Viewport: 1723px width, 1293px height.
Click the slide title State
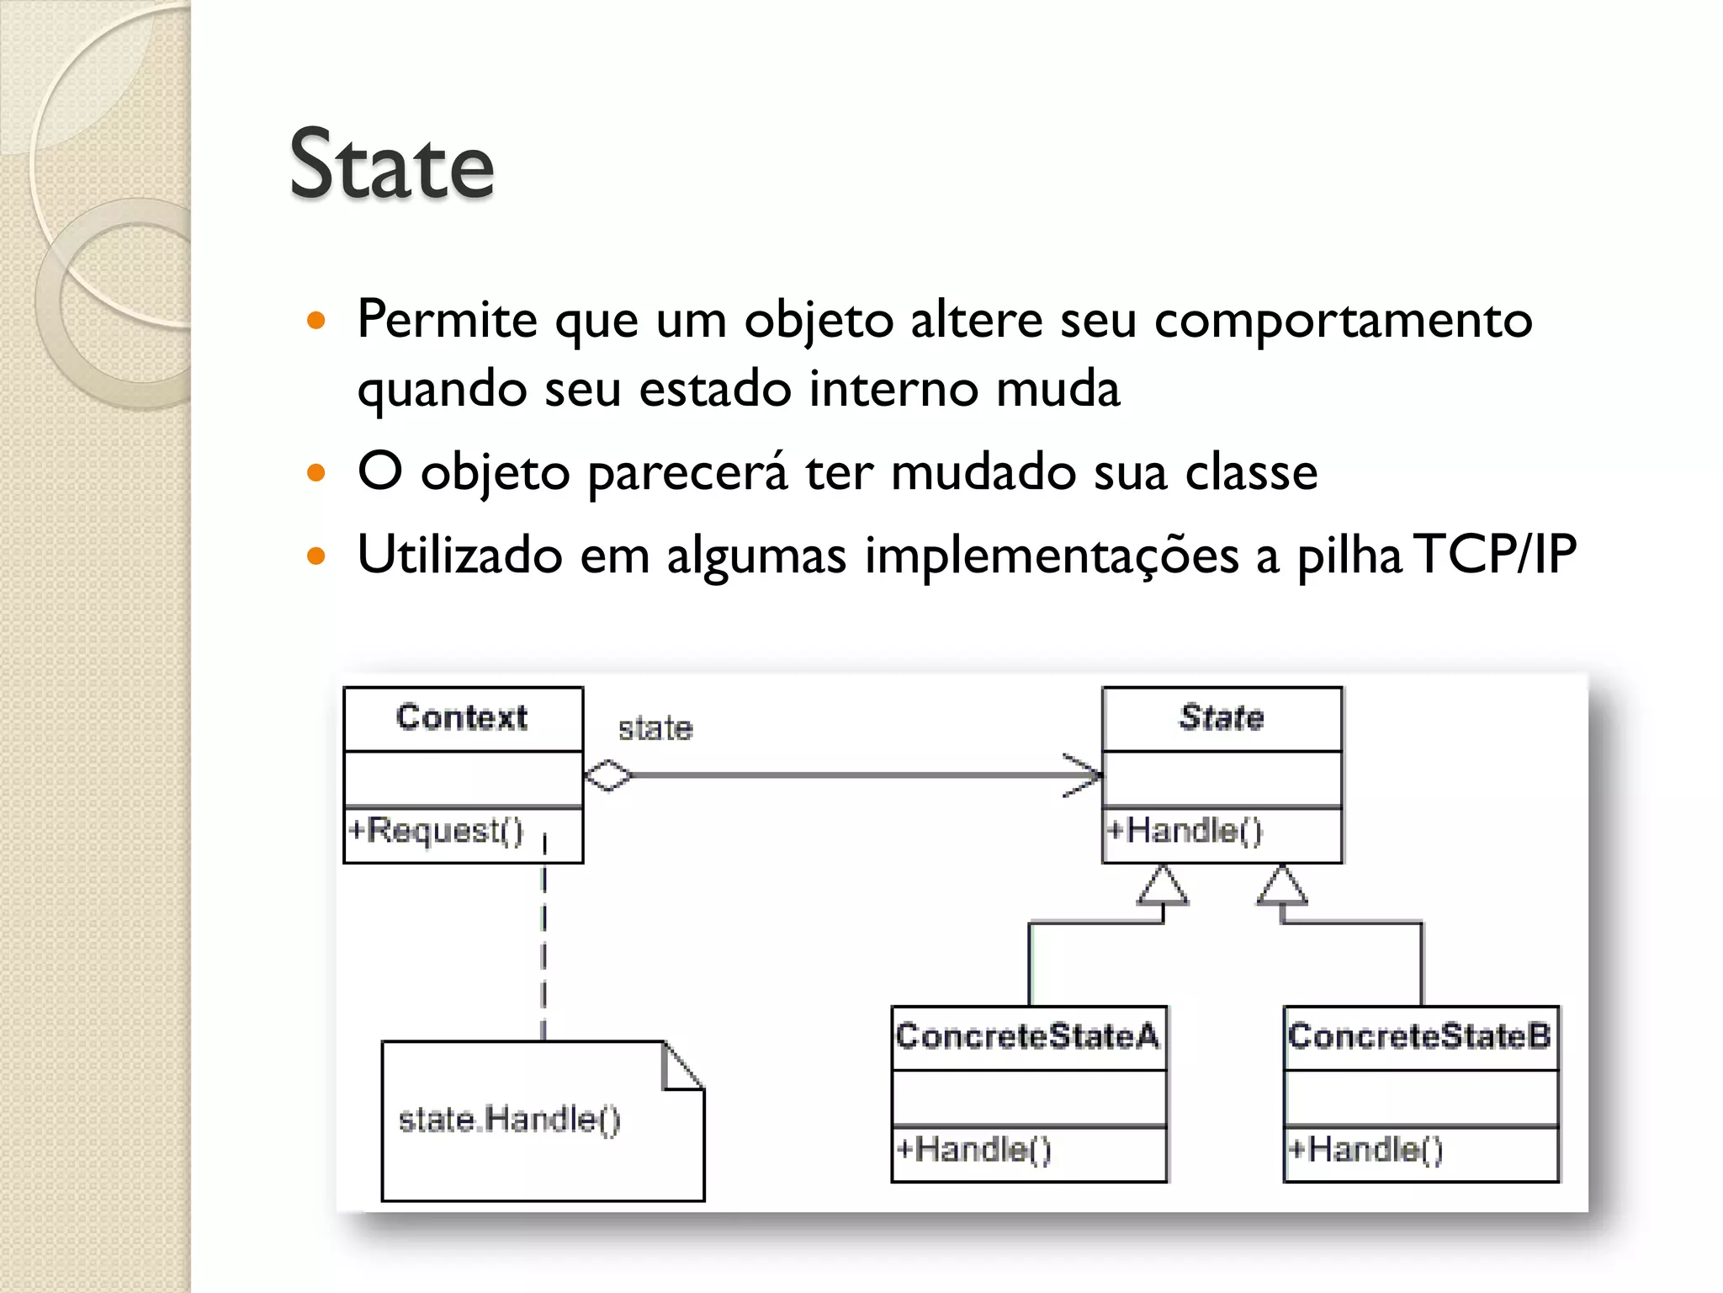[391, 165]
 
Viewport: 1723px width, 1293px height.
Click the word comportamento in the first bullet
[1343, 321]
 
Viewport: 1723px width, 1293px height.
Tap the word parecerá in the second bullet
[687, 472]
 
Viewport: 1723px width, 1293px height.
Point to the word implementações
[1052, 556]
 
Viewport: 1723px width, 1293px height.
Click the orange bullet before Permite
[316, 321]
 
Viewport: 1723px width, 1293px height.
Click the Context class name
[462, 717]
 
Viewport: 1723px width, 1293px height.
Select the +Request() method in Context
[436, 831]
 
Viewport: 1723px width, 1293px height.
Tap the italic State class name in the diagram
[1222, 717]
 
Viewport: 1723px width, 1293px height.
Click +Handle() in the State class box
[1185, 831]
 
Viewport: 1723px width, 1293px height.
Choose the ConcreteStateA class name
[1027, 1036]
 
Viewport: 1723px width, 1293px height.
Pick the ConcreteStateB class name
[1419, 1036]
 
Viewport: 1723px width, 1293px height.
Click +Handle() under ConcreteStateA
[973, 1149]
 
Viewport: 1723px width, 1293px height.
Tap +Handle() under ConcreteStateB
[1365, 1149]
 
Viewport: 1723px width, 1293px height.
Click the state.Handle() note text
[509, 1120]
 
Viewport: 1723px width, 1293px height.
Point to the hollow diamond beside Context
[607, 775]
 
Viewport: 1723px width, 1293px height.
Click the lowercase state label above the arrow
[655, 729]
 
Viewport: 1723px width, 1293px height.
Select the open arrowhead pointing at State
[1085, 775]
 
